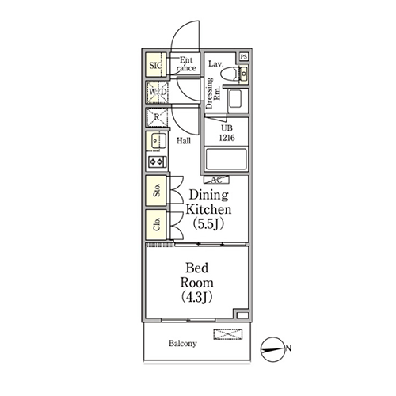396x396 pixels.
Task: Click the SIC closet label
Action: point(155,65)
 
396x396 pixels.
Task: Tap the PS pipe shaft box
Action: point(244,56)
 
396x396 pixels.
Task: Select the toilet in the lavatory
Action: point(228,74)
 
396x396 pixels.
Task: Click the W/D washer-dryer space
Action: point(158,92)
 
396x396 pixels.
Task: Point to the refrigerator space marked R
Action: point(157,117)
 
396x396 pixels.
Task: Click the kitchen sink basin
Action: point(158,141)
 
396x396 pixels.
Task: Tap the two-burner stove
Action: point(158,162)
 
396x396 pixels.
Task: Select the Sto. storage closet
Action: point(156,190)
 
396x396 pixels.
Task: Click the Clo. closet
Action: point(156,224)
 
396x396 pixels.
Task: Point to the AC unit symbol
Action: point(216,180)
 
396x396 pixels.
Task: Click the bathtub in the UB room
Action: point(227,159)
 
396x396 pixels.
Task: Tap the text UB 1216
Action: point(227,133)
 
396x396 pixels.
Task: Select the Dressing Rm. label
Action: point(213,93)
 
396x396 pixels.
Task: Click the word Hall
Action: point(184,141)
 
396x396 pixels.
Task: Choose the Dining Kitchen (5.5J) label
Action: point(208,209)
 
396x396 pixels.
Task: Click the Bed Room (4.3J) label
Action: point(197,283)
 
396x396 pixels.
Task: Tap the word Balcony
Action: point(183,343)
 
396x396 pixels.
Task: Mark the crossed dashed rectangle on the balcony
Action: point(228,334)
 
